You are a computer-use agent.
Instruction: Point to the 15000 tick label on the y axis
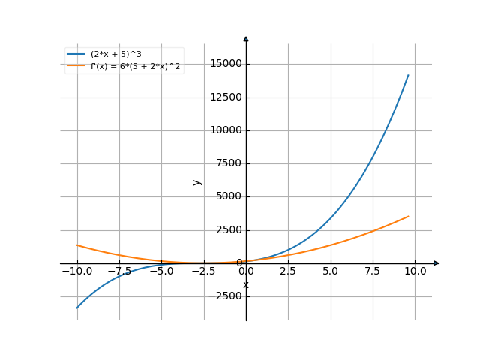point(226,64)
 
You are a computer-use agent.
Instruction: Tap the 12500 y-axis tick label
point(226,97)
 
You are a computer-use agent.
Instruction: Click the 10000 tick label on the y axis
point(226,130)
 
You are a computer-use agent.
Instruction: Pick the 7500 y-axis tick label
point(228,163)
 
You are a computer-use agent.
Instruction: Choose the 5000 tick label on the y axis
point(228,197)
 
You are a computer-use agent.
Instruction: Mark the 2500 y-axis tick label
point(228,230)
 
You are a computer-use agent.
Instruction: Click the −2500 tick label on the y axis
point(226,296)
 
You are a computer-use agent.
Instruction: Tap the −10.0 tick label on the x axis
point(77,271)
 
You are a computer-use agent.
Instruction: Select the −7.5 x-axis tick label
point(119,271)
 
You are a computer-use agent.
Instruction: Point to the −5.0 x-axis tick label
point(161,271)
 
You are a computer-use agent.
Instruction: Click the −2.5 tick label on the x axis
point(203,271)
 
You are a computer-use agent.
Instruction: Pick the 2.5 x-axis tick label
point(289,271)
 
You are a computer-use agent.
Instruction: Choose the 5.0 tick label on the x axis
point(331,271)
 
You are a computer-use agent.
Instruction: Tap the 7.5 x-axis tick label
point(373,271)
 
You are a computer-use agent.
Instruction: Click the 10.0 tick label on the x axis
point(415,271)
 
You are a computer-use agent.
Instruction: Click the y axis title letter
point(197,181)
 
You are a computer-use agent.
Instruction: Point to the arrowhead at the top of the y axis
point(246,37)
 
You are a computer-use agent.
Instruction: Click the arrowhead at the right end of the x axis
point(436,263)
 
